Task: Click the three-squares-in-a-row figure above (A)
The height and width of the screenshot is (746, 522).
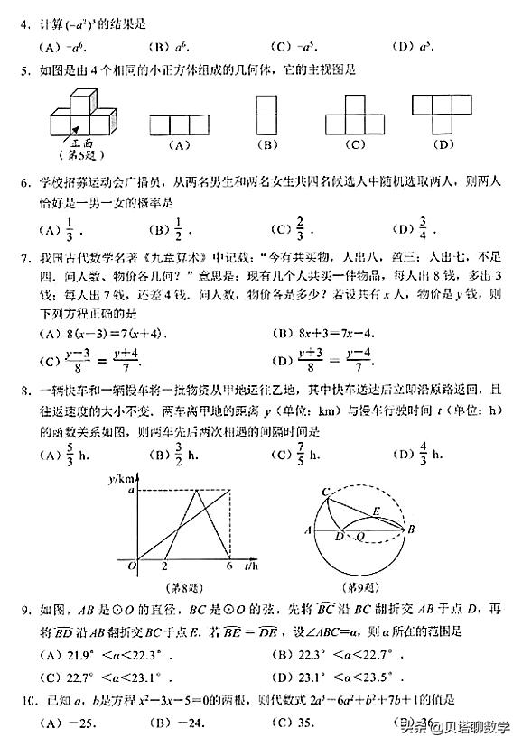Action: pyautogui.click(x=178, y=124)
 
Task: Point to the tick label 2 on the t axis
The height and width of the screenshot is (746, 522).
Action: pyautogui.click(x=163, y=566)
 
